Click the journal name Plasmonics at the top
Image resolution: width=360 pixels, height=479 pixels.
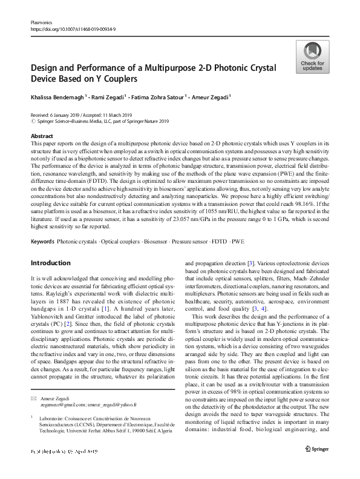[41, 22]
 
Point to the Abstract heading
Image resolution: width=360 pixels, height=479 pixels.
[41, 137]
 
